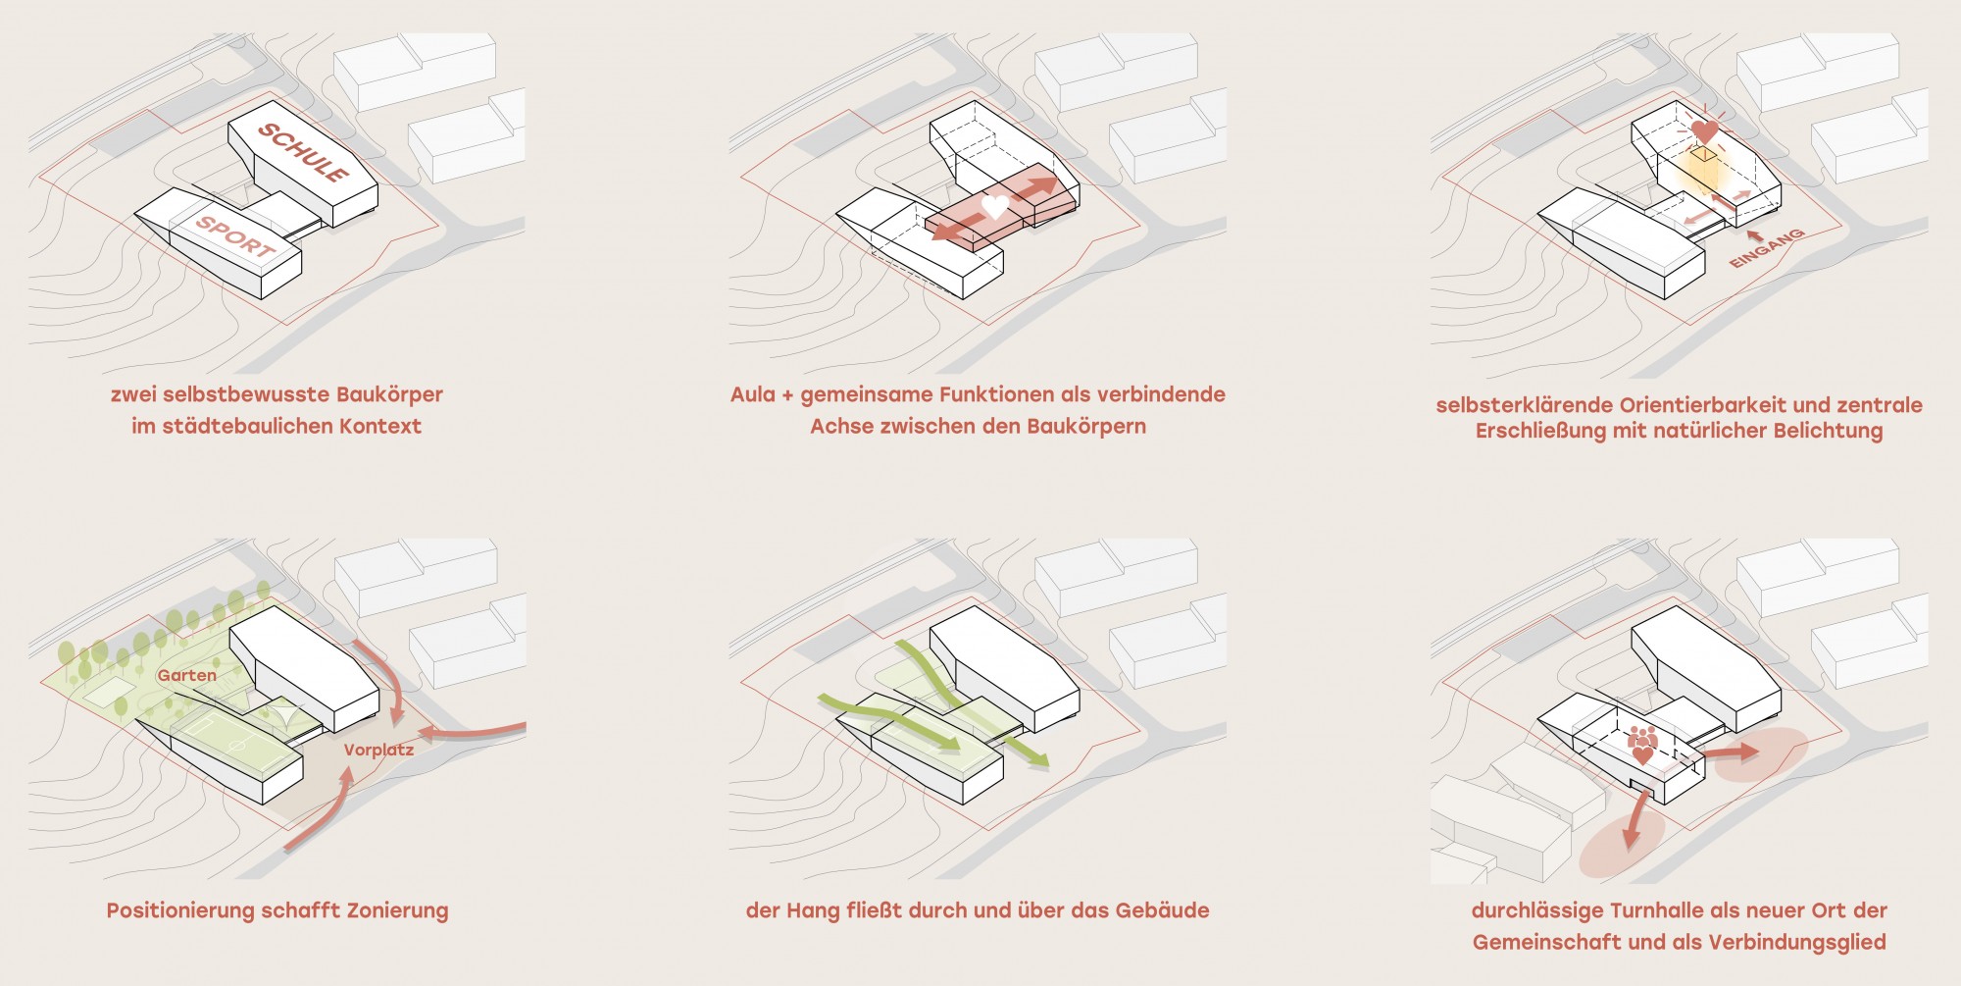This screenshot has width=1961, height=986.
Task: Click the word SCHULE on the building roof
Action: click(x=303, y=152)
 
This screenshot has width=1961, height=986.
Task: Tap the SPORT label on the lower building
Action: click(x=235, y=236)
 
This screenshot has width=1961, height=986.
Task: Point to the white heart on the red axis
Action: click(x=995, y=206)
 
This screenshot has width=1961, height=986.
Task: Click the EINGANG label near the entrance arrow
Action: click(x=1767, y=248)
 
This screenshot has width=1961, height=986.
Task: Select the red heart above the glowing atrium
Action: click(x=1704, y=130)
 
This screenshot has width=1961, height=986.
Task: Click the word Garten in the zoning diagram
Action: click(x=186, y=675)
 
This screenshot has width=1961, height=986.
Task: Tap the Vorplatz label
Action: click(x=378, y=751)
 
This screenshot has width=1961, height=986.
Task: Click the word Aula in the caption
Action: click(x=752, y=394)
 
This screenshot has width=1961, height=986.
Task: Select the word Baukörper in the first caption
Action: click(x=389, y=394)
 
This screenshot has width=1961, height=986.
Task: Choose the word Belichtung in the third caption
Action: click(x=1829, y=431)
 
